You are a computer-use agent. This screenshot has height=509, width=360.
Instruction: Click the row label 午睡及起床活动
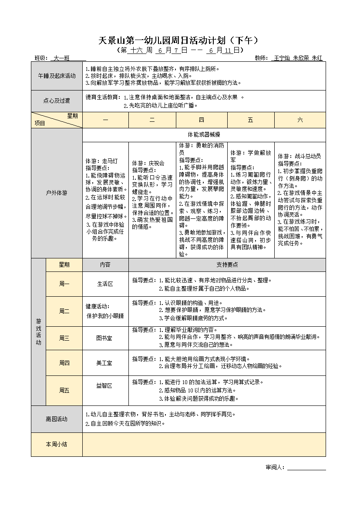(57, 76)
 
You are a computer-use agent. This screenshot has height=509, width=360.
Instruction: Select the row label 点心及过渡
(57, 101)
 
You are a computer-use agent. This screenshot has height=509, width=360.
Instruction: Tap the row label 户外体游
(57, 192)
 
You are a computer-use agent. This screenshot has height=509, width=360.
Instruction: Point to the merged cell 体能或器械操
(204, 135)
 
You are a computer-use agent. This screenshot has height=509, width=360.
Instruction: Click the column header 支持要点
(227, 265)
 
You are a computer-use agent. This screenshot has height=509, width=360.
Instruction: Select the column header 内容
(105, 265)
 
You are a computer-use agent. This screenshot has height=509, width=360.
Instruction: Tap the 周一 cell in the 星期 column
(64, 284)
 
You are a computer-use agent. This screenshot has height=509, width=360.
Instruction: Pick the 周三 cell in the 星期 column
(64, 338)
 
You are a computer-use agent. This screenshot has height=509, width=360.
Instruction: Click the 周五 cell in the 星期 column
(64, 390)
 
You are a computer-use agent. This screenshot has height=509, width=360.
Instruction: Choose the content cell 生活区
(105, 284)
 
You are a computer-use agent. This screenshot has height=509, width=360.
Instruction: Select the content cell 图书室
(105, 338)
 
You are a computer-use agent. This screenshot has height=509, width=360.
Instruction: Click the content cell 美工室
(105, 363)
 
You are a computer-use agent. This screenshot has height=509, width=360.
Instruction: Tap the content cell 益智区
(105, 385)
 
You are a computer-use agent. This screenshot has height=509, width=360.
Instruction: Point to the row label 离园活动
(57, 419)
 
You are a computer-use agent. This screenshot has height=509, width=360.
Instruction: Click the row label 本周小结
(57, 444)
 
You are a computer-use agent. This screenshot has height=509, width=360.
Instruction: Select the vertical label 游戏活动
(38, 332)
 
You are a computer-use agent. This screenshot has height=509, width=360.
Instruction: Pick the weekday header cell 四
(202, 120)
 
